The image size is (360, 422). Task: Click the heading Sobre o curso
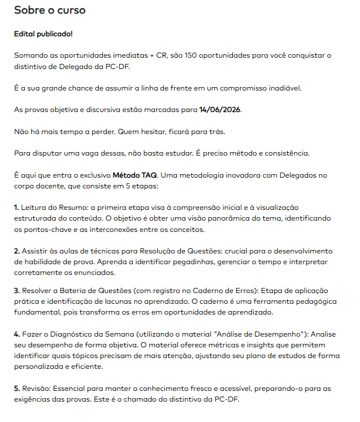click(x=50, y=11)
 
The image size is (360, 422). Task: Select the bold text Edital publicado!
click(x=44, y=34)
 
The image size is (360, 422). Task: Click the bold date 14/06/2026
click(x=220, y=110)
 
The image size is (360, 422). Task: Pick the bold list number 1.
click(x=16, y=208)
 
